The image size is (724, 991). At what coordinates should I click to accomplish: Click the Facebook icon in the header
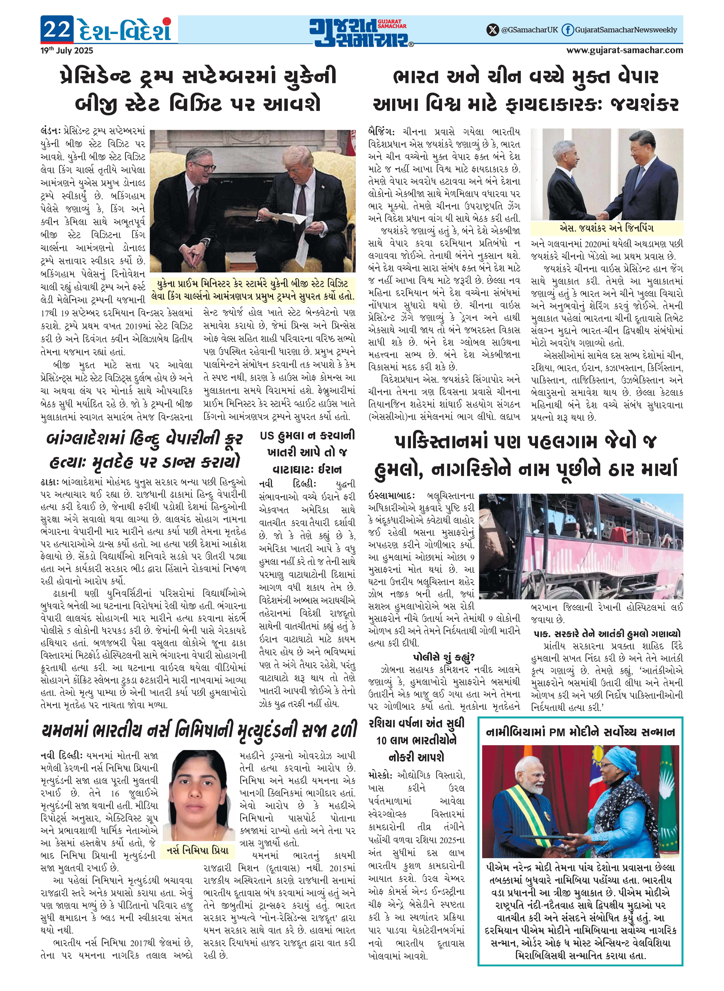click(x=568, y=30)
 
